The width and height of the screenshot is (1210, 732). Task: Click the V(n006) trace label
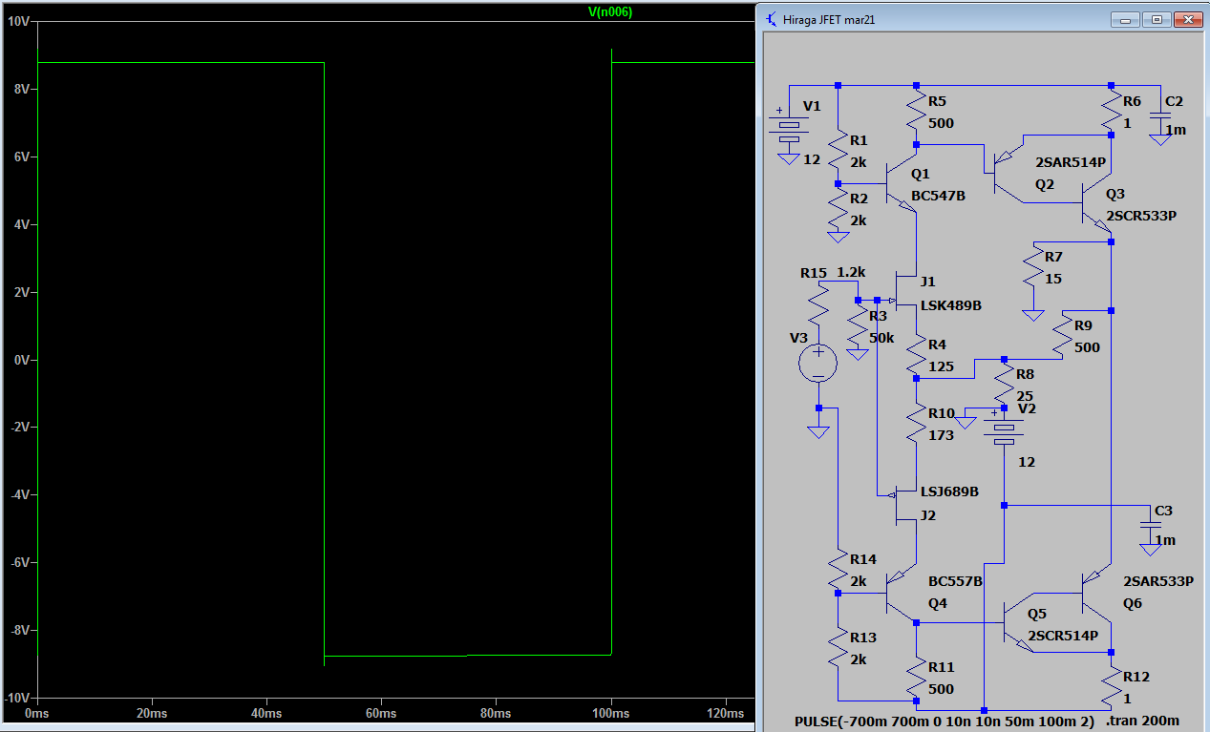click(610, 11)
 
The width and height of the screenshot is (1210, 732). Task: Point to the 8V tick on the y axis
click(22, 89)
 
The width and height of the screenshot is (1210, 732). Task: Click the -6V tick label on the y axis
click(20, 562)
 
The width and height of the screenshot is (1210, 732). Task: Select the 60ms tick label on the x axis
click(381, 713)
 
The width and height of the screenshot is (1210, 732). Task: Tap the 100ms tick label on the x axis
click(610, 713)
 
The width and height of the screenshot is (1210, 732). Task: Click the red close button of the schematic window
click(1188, 20)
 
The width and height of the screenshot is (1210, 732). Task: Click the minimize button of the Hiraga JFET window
click(1125, 20)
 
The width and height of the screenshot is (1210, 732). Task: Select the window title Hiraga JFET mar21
click(829, 20)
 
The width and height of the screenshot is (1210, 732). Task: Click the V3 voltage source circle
click(817, 363)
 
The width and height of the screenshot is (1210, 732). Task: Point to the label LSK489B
click(951, 305)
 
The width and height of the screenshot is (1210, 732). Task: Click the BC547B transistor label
click(938, 196)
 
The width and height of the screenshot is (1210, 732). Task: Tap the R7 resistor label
click(1053, 257)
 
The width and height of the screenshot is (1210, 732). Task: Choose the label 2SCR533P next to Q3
click(1141, 216)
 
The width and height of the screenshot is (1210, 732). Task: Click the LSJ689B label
click(949, 491)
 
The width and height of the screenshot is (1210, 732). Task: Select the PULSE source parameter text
click(945, 722)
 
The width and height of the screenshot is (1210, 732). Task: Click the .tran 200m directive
click(1142, 721)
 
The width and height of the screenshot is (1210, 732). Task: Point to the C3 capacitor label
click(1163, 511)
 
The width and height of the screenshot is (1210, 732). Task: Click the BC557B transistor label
click(955, 581)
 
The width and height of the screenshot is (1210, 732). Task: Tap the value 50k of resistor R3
click(881, 338)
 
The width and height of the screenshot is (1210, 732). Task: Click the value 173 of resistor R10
click(941, 435)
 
